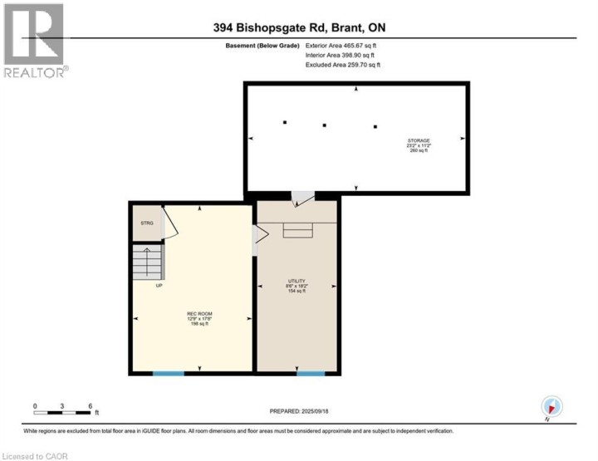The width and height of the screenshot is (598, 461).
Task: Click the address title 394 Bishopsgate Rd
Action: tap(299, 28)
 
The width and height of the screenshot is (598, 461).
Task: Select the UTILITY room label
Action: tap(297, 281)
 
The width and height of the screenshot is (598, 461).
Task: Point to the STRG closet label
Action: tap(147, 223)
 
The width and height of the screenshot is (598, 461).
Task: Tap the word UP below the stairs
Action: tap(159, 285)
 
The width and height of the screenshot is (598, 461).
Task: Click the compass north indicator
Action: tap(552, 407)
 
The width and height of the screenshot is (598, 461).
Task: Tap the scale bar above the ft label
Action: tap(61, 411)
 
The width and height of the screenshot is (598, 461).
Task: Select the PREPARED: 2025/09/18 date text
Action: tap(299, 411)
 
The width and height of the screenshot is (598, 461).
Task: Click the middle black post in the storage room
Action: tap(325, 125)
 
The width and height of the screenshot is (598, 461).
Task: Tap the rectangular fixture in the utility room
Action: tap(297, 231)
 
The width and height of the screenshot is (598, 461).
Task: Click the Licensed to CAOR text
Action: tap(37, 455)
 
